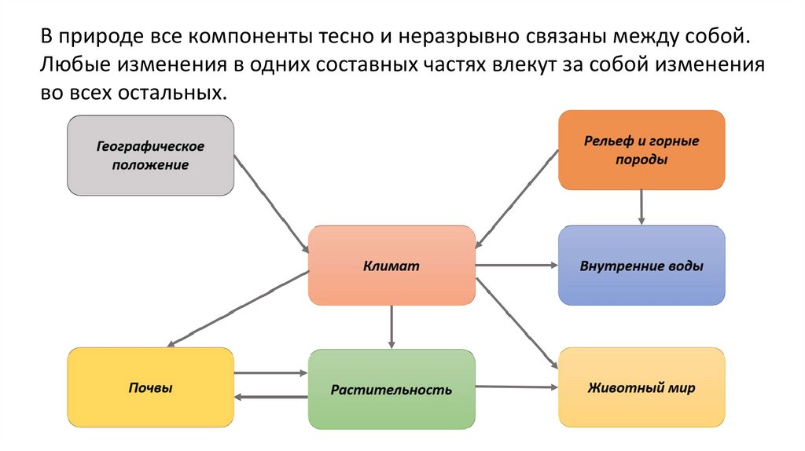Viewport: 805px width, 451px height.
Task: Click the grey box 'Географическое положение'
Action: click(x=150, y=156)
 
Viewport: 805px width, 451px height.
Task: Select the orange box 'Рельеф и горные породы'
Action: click(x=641, y=150)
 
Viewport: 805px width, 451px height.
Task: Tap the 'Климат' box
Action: click(x=391, y=266)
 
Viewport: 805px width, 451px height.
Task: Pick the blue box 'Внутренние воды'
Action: click(x=641, y=266)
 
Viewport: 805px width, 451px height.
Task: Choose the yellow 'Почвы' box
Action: click(x=150, y=388)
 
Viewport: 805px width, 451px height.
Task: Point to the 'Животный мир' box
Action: click(x=641, y=388)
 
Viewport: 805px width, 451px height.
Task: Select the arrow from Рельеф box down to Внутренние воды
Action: click(x=641, y=207)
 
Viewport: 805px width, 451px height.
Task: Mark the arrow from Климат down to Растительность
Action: click(x=391, y=327)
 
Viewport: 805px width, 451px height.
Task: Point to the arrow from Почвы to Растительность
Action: click(x=271, y=373)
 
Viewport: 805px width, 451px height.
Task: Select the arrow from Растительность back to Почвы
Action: click(x=271, y=397)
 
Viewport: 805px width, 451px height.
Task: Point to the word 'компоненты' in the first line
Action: click(x=252, y=37)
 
